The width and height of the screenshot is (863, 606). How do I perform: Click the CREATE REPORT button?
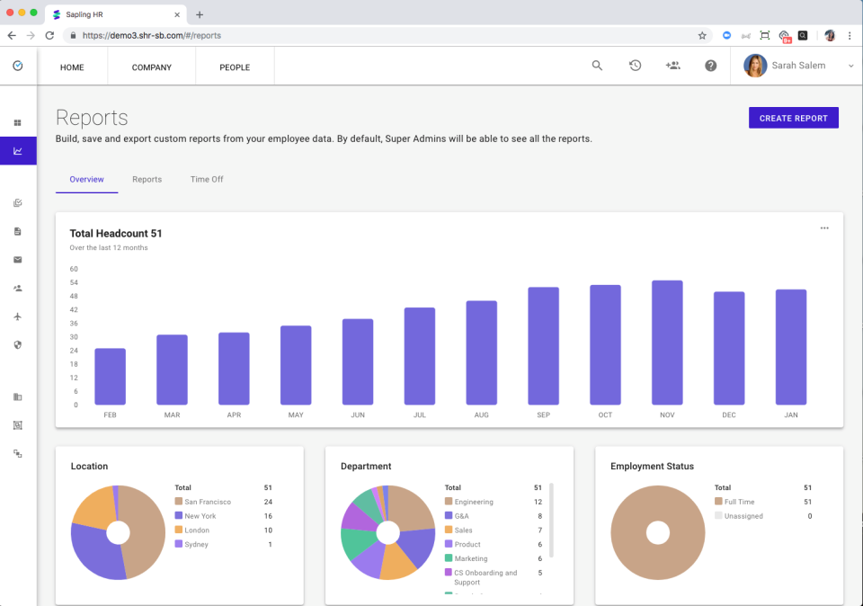793,118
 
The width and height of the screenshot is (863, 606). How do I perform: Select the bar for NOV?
667,342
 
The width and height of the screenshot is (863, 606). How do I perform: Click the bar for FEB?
110,376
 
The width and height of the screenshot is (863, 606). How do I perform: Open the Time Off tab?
207,179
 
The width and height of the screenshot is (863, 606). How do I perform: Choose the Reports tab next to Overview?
147,179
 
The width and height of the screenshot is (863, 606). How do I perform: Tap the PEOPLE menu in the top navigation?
235,67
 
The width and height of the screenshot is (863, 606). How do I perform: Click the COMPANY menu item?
151,67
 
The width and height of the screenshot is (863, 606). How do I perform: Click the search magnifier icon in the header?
597,66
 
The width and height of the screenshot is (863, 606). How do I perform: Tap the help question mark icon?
711,66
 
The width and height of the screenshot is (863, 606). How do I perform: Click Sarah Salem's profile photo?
755,66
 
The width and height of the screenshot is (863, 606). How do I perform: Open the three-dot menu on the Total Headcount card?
824,228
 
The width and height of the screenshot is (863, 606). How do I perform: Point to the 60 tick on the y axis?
74,269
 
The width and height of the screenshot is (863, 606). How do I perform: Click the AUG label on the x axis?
481,415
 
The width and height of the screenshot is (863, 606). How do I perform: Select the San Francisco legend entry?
208,502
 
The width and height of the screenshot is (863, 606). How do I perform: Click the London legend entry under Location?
197,530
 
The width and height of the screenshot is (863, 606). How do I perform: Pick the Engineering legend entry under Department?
474,502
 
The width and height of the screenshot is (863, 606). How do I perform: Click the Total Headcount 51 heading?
116,234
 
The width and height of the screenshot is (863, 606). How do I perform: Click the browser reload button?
49,35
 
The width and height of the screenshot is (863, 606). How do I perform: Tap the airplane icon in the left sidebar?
17,316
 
